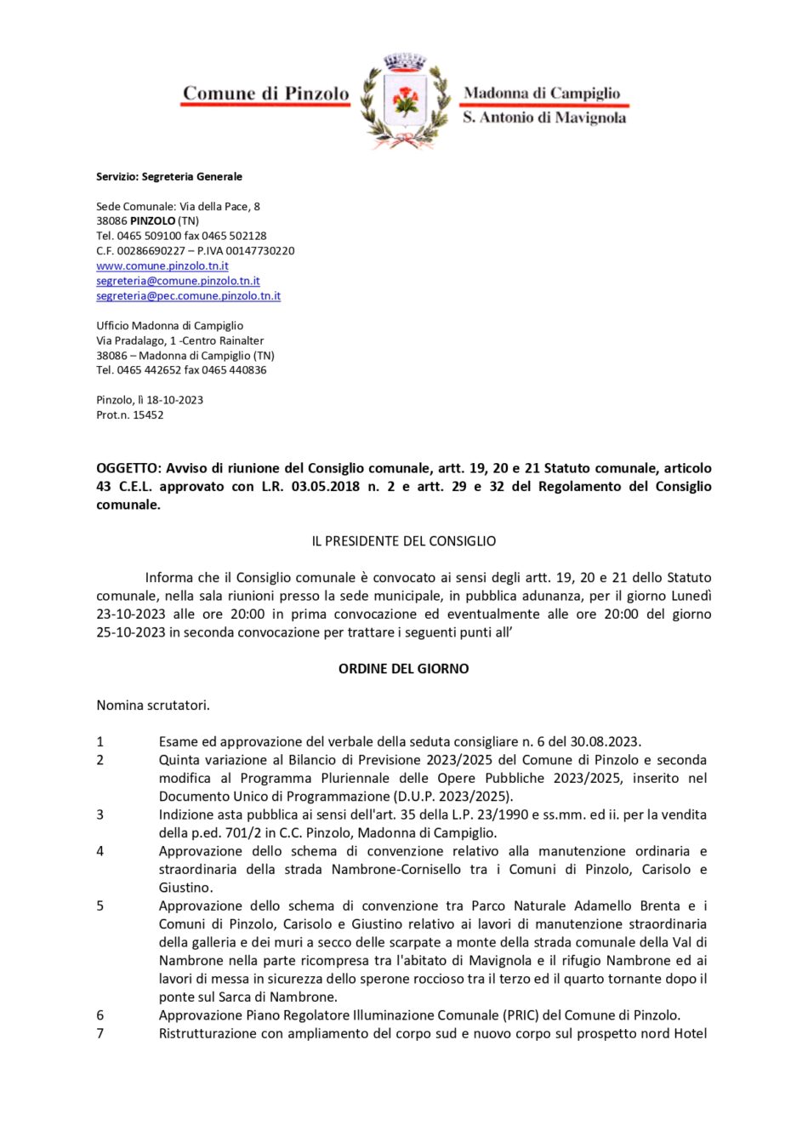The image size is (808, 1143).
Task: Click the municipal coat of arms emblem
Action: click(x=406, y=100)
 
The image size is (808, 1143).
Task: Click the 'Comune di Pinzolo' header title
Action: click(x=266, y=94)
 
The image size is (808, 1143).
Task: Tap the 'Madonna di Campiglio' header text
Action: click(x=542, y=93)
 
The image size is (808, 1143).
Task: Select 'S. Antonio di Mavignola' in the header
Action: click(x=544, y=117)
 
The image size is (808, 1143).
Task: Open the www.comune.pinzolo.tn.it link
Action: click(x=162, y=266)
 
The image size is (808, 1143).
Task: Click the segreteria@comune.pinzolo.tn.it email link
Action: click(x=178, y=281)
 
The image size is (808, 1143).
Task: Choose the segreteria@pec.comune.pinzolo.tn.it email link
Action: click(x=188, y=295)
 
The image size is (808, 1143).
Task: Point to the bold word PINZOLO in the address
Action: click(x=152, y=221)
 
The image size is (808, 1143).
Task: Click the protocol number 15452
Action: click(x=148, y=415)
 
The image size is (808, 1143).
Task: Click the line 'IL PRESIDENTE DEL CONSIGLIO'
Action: click(x=404, y=541)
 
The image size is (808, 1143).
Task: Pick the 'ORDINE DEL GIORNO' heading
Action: click(x=404, y=669)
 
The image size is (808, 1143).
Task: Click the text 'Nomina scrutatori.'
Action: click(x=153, y=706)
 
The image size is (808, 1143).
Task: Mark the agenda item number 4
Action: click(x=100, y=851)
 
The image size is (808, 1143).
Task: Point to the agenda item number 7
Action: click(x=100, y=1033)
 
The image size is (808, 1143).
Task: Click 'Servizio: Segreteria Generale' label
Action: click(x=169, y=177)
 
